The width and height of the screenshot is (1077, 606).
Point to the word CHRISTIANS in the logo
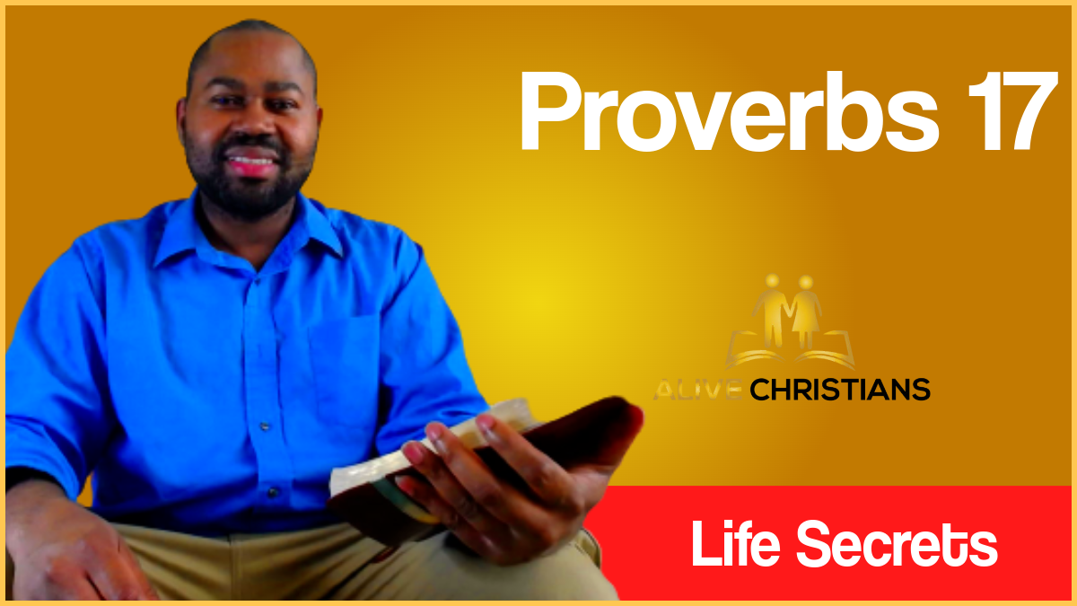click(x=838, y=390)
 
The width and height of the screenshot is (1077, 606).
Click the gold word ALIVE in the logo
click(x=698, y=390)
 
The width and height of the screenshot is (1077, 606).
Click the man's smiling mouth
click(x=251, y=164)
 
